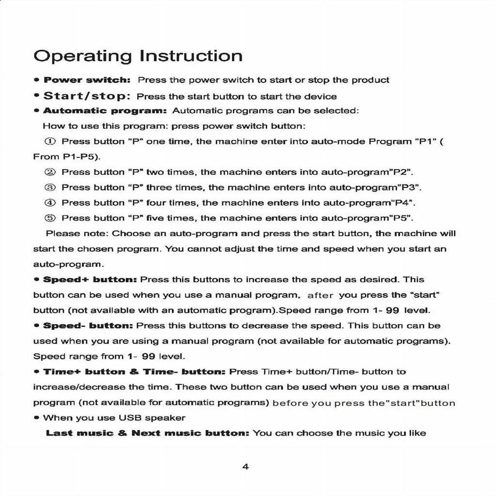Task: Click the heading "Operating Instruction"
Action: (138, 56)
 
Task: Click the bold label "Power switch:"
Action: (87, 80)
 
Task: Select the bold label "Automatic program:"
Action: (105, 111)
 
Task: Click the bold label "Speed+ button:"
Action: (91, 280)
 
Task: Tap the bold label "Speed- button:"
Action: (88, 326)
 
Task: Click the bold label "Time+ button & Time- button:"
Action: (135, 372)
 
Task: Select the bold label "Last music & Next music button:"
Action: (147, 433)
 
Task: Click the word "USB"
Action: (131, 418)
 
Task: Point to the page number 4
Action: (245, 467)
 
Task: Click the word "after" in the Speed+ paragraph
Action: (321, 295)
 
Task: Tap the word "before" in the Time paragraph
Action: (290, 403)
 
